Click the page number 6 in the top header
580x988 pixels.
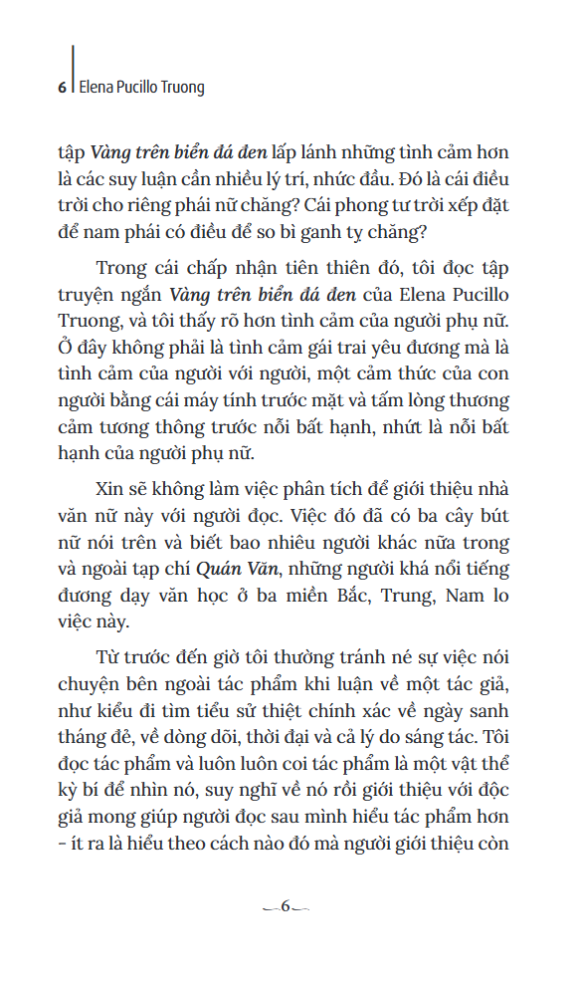[x=62, y=87]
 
